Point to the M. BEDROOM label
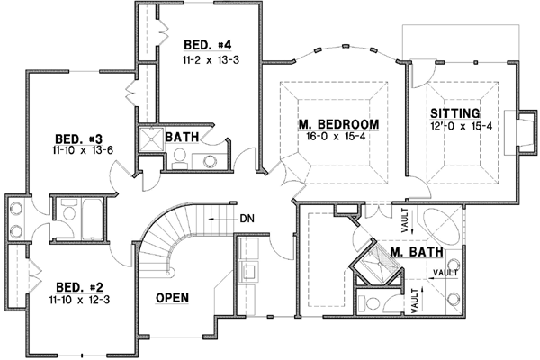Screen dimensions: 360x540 pyautogui.click(x=338, y=123)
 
